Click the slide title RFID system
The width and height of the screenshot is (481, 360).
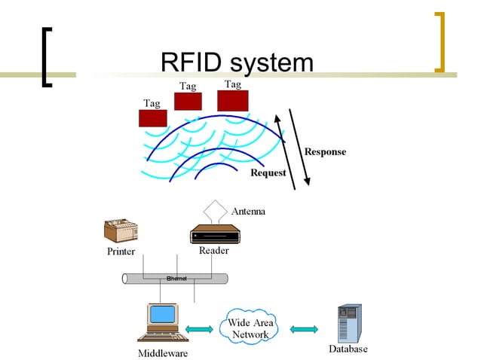point(237,63)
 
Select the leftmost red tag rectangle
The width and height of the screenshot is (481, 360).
point(152,117)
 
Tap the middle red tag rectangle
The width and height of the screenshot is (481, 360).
point(188,101)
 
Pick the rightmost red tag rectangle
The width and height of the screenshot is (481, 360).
point(232,100)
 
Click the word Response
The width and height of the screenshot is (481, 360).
point(325,152)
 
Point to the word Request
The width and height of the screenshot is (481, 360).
point(268,173)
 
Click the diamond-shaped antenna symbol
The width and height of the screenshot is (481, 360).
point(216,209)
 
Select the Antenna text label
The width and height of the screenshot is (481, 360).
point(247,212)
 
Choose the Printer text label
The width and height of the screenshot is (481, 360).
point(121,252)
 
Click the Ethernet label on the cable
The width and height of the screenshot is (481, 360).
point(176,279)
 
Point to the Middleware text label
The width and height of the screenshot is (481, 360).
point(163,352)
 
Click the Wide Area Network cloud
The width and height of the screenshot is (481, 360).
point(250,329)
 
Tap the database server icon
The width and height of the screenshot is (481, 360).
point(349,323)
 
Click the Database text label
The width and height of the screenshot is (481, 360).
point(348,349)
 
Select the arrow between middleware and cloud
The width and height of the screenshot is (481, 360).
point(200,328)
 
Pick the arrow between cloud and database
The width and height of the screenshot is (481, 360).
point(304,329)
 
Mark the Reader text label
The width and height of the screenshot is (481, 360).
point(214,251)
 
